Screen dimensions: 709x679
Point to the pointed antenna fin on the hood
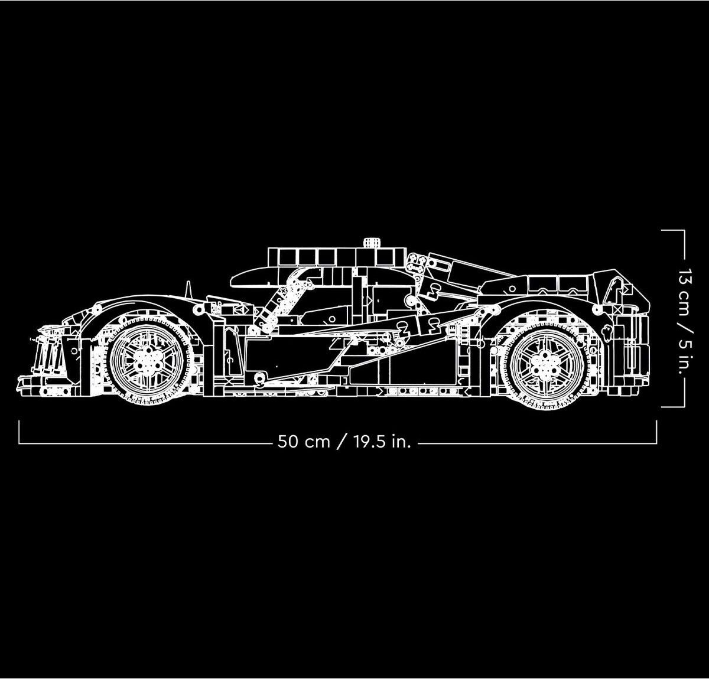click(188, 291)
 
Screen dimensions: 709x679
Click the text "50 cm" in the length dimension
click(304, 442)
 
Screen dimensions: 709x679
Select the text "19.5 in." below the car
click(382, 442)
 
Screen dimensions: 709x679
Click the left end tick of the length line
click(19, 432)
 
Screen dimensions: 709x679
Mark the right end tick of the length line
click(656, 432)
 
